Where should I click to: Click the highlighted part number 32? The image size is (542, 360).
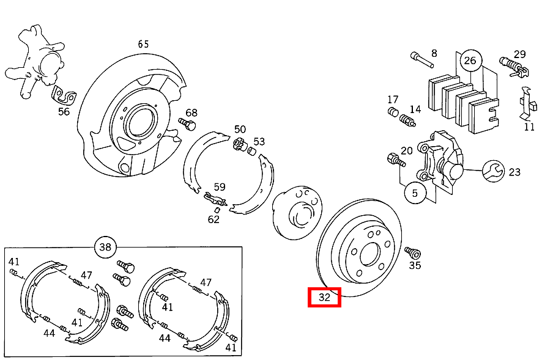(x=324, y=298)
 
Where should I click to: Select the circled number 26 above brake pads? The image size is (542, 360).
(x=470, y=61)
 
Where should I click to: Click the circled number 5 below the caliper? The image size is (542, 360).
(x=415, y=193)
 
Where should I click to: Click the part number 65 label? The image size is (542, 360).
(x=143, y=44)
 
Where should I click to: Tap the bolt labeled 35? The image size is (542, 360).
(x=411, y=252)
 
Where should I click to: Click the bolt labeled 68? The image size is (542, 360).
(x=187, y=125)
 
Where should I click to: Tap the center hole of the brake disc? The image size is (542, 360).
(x=370, y=254)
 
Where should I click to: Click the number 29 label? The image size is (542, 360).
(x=519, y=54)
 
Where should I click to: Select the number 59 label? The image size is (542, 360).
(x=220, y=187)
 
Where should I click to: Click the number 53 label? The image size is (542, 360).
(x=259, y=142)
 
